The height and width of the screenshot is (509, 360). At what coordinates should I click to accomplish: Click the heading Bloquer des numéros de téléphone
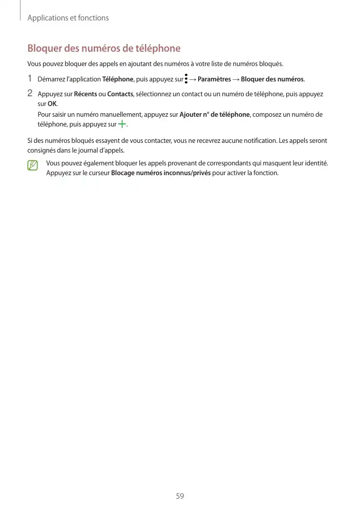(x=103, y=49)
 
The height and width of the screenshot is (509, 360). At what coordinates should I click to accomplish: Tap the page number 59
(x=180, y=496)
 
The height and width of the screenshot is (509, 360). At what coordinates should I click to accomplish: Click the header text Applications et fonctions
(x=68, y=18)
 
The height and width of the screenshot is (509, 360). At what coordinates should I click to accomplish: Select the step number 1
(x=30, y=79)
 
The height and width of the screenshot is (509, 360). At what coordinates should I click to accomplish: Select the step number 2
(x=30, y=94)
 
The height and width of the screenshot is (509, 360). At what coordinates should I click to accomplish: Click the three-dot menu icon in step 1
(x=186, y=79)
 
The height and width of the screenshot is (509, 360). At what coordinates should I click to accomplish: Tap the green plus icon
(x=122, y=124)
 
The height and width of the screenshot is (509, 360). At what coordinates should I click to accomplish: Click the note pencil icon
(x=33, y=165)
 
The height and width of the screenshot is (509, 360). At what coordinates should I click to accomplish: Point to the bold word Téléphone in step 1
(x=118, y=79)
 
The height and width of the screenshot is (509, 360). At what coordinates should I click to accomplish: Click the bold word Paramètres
(x=214, y=79)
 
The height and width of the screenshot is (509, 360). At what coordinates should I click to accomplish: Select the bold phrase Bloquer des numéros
(x=272, y=79)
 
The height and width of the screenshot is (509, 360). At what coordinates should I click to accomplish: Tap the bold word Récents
(x=86, y=94)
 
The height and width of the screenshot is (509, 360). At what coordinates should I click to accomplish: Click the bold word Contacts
(x=120, y=94)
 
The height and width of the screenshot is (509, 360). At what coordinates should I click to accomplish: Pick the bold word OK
(x=52, y=104)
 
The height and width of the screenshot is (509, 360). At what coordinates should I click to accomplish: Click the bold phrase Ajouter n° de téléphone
(x=215, y=115)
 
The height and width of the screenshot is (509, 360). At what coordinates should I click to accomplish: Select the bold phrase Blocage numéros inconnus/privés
(x=161, y=173)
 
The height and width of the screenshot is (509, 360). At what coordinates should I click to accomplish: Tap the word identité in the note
(x=316, y=163)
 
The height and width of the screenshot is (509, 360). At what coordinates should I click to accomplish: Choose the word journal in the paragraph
(x=98, y=151)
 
